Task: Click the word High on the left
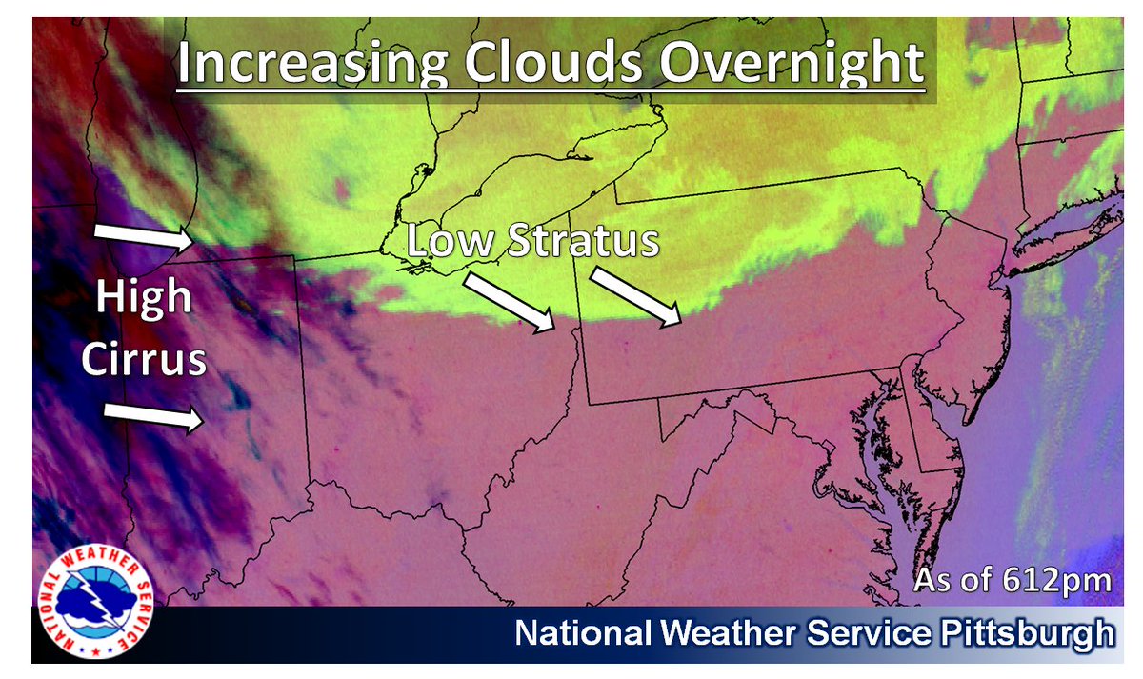click(143, 299)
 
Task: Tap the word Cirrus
click(143, 361)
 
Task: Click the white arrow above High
click(144, 237)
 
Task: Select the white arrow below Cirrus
click(152, 416)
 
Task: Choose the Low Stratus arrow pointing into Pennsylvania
click(635, 296)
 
